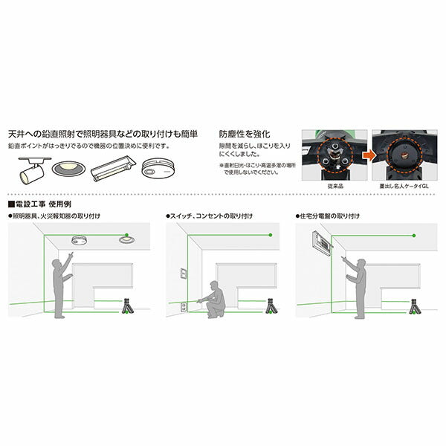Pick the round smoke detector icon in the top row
(158, 167)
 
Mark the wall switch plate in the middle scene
(180, 274)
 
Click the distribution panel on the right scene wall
(320, 244)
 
